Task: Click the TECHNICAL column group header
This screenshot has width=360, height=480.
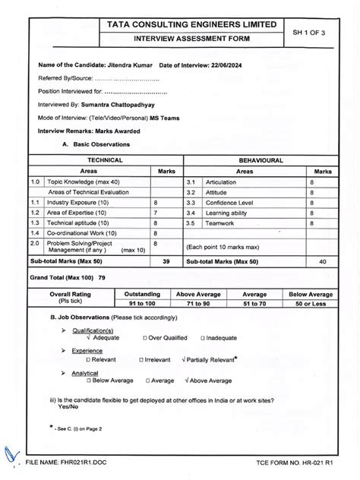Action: click(x=105, y=161)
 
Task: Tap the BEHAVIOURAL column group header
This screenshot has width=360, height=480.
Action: click(x=261, y=161)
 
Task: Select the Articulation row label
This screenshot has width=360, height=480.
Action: click(x=220, y=182)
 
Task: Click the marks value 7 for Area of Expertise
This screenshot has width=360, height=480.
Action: click(x=156, y=213)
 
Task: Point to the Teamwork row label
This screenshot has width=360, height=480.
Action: click(x=217, y=223)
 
